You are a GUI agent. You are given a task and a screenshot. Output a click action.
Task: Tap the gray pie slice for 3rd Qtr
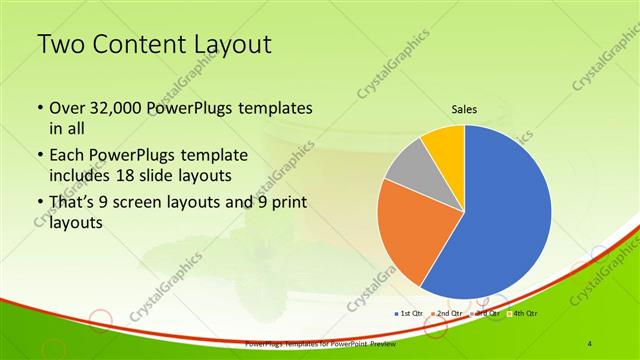click(410, 170)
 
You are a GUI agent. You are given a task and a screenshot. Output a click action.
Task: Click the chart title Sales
click(464, 109)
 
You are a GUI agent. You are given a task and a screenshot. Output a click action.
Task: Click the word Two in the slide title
click(63, 45)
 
